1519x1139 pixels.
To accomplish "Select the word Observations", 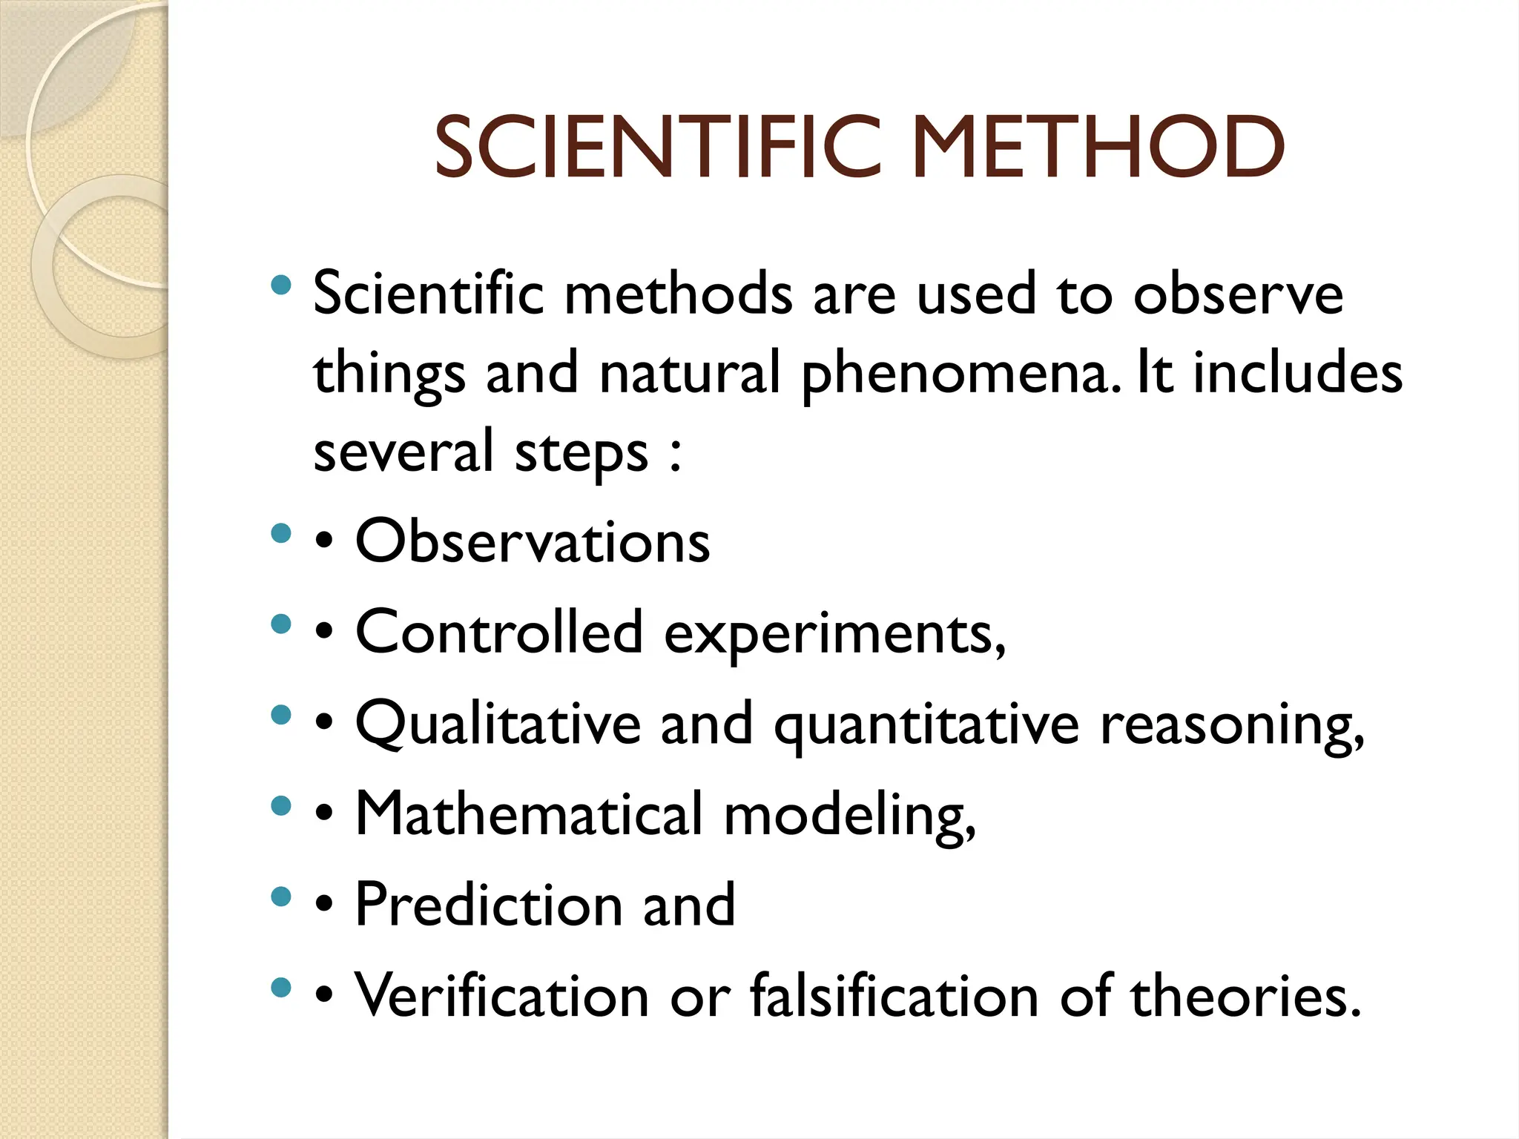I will pos(533,541).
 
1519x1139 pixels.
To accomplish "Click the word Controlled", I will pos(499,633).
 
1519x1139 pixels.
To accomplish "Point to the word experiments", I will pos(834,635).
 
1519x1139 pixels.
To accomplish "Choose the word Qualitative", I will pos(498,724).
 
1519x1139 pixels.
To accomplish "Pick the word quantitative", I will pos(926,727).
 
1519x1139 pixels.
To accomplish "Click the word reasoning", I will pos(1232,727).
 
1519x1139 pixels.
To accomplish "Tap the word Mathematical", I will pos(528,814).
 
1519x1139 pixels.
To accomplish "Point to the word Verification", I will pos(502,995).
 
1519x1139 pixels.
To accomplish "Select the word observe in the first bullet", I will pos(1238,294).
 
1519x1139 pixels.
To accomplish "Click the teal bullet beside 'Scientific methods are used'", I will pos(281,285).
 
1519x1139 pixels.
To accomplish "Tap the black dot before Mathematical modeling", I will pos(323,813).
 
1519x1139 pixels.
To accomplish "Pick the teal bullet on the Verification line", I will pos(281,987).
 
